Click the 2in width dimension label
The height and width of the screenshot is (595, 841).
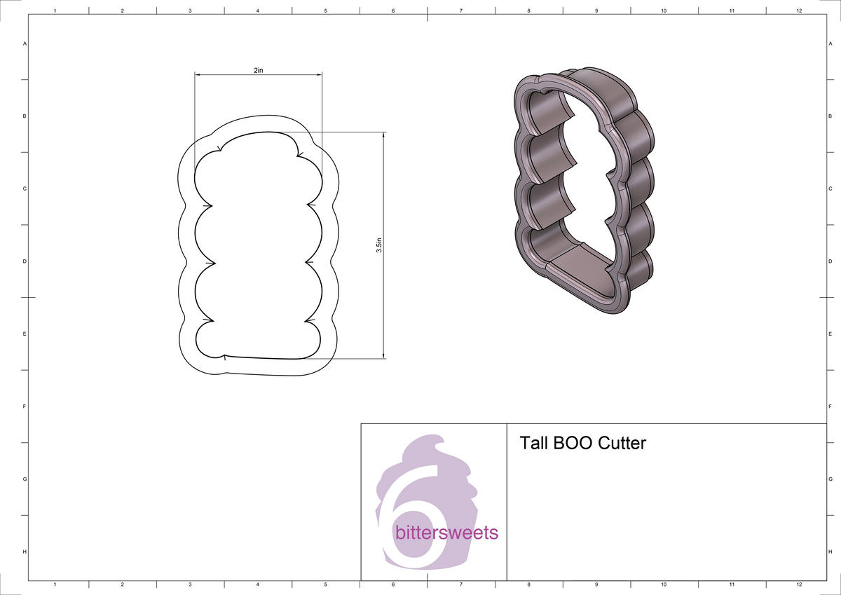point(258,70)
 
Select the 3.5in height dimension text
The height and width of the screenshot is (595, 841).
point(378,245)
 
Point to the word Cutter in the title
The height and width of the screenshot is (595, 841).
point(622,444)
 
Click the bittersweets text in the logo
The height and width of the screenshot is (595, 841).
point(446,533)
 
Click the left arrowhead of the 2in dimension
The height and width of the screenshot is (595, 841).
point(198,74)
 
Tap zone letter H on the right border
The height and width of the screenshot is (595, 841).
point(830,552)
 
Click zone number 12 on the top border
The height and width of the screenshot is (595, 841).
point(799,11)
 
